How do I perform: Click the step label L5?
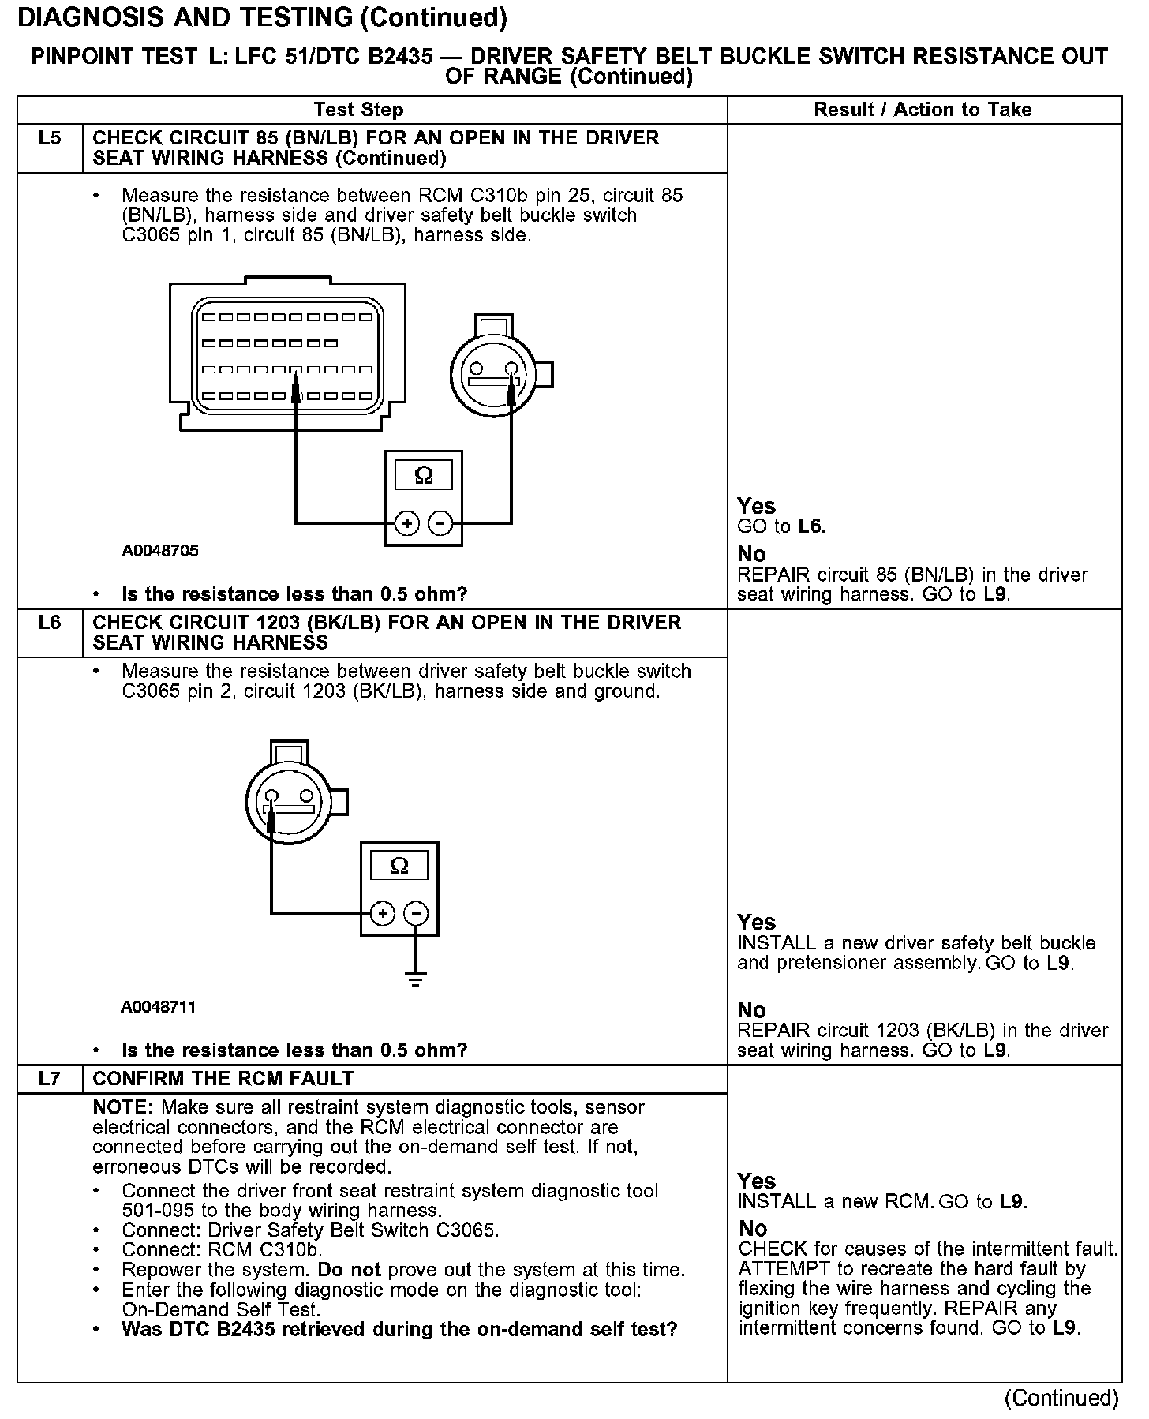point(49,139)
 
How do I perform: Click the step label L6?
point(49,623)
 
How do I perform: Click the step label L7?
point(49,1079)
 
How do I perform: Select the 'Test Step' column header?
point(358,110)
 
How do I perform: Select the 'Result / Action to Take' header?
point(923,110)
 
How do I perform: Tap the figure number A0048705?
point(160,551)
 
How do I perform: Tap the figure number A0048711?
point(159,1007)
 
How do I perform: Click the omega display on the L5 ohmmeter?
point(424,476)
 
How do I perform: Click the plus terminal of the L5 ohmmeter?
point(406,523)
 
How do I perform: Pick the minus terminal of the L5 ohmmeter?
point(440,523)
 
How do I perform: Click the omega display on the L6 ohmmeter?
point(400,867)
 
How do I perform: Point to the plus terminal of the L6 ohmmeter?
point(383,914)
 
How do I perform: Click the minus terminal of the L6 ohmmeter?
point(416,914)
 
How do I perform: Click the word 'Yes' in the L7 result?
point(757,1181)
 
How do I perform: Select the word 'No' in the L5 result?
point(751,554)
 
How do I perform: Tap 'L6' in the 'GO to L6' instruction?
point(810,526)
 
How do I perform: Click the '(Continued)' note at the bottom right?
point(1061,1398)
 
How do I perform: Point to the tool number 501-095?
point(155,1211)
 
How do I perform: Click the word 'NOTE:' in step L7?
point(124,1107)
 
